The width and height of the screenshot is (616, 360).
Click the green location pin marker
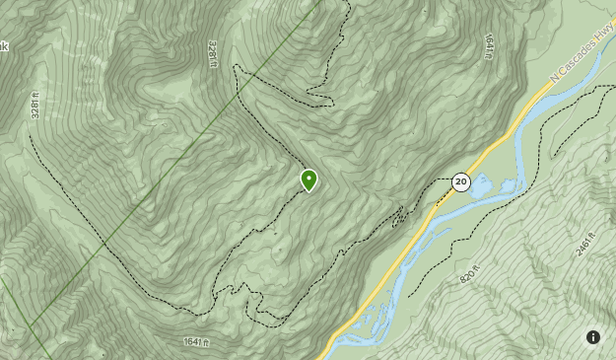(309, 180)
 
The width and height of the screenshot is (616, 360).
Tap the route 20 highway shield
(460, 182)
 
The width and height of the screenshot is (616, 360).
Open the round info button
(593, 337)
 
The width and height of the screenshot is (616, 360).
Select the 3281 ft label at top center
(212, 53)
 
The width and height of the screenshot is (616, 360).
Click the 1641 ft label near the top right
(487, 46)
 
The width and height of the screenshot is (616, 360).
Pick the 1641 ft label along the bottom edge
(198, 342)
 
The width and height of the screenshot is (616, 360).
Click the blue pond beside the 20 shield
(483, 184)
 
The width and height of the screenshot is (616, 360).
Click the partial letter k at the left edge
(3, 46)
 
